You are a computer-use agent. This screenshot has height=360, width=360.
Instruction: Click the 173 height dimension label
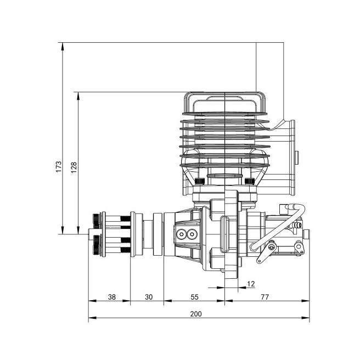click(58, 167)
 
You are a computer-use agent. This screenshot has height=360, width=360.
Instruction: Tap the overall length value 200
click(196, 314)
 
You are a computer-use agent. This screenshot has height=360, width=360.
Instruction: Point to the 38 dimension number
click(111, 297)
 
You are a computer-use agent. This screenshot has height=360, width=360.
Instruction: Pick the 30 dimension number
click(148, 297)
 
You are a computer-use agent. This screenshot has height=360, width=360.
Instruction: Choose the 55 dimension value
click(195, 297)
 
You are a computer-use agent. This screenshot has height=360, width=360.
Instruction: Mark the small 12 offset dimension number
click(251, 283)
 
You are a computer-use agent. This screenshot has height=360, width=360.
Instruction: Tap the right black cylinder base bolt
click(249, 181)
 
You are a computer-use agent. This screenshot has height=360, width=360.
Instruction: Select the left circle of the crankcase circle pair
click(182, 234)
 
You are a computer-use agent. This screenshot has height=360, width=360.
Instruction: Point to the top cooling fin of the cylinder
click(225, 115)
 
